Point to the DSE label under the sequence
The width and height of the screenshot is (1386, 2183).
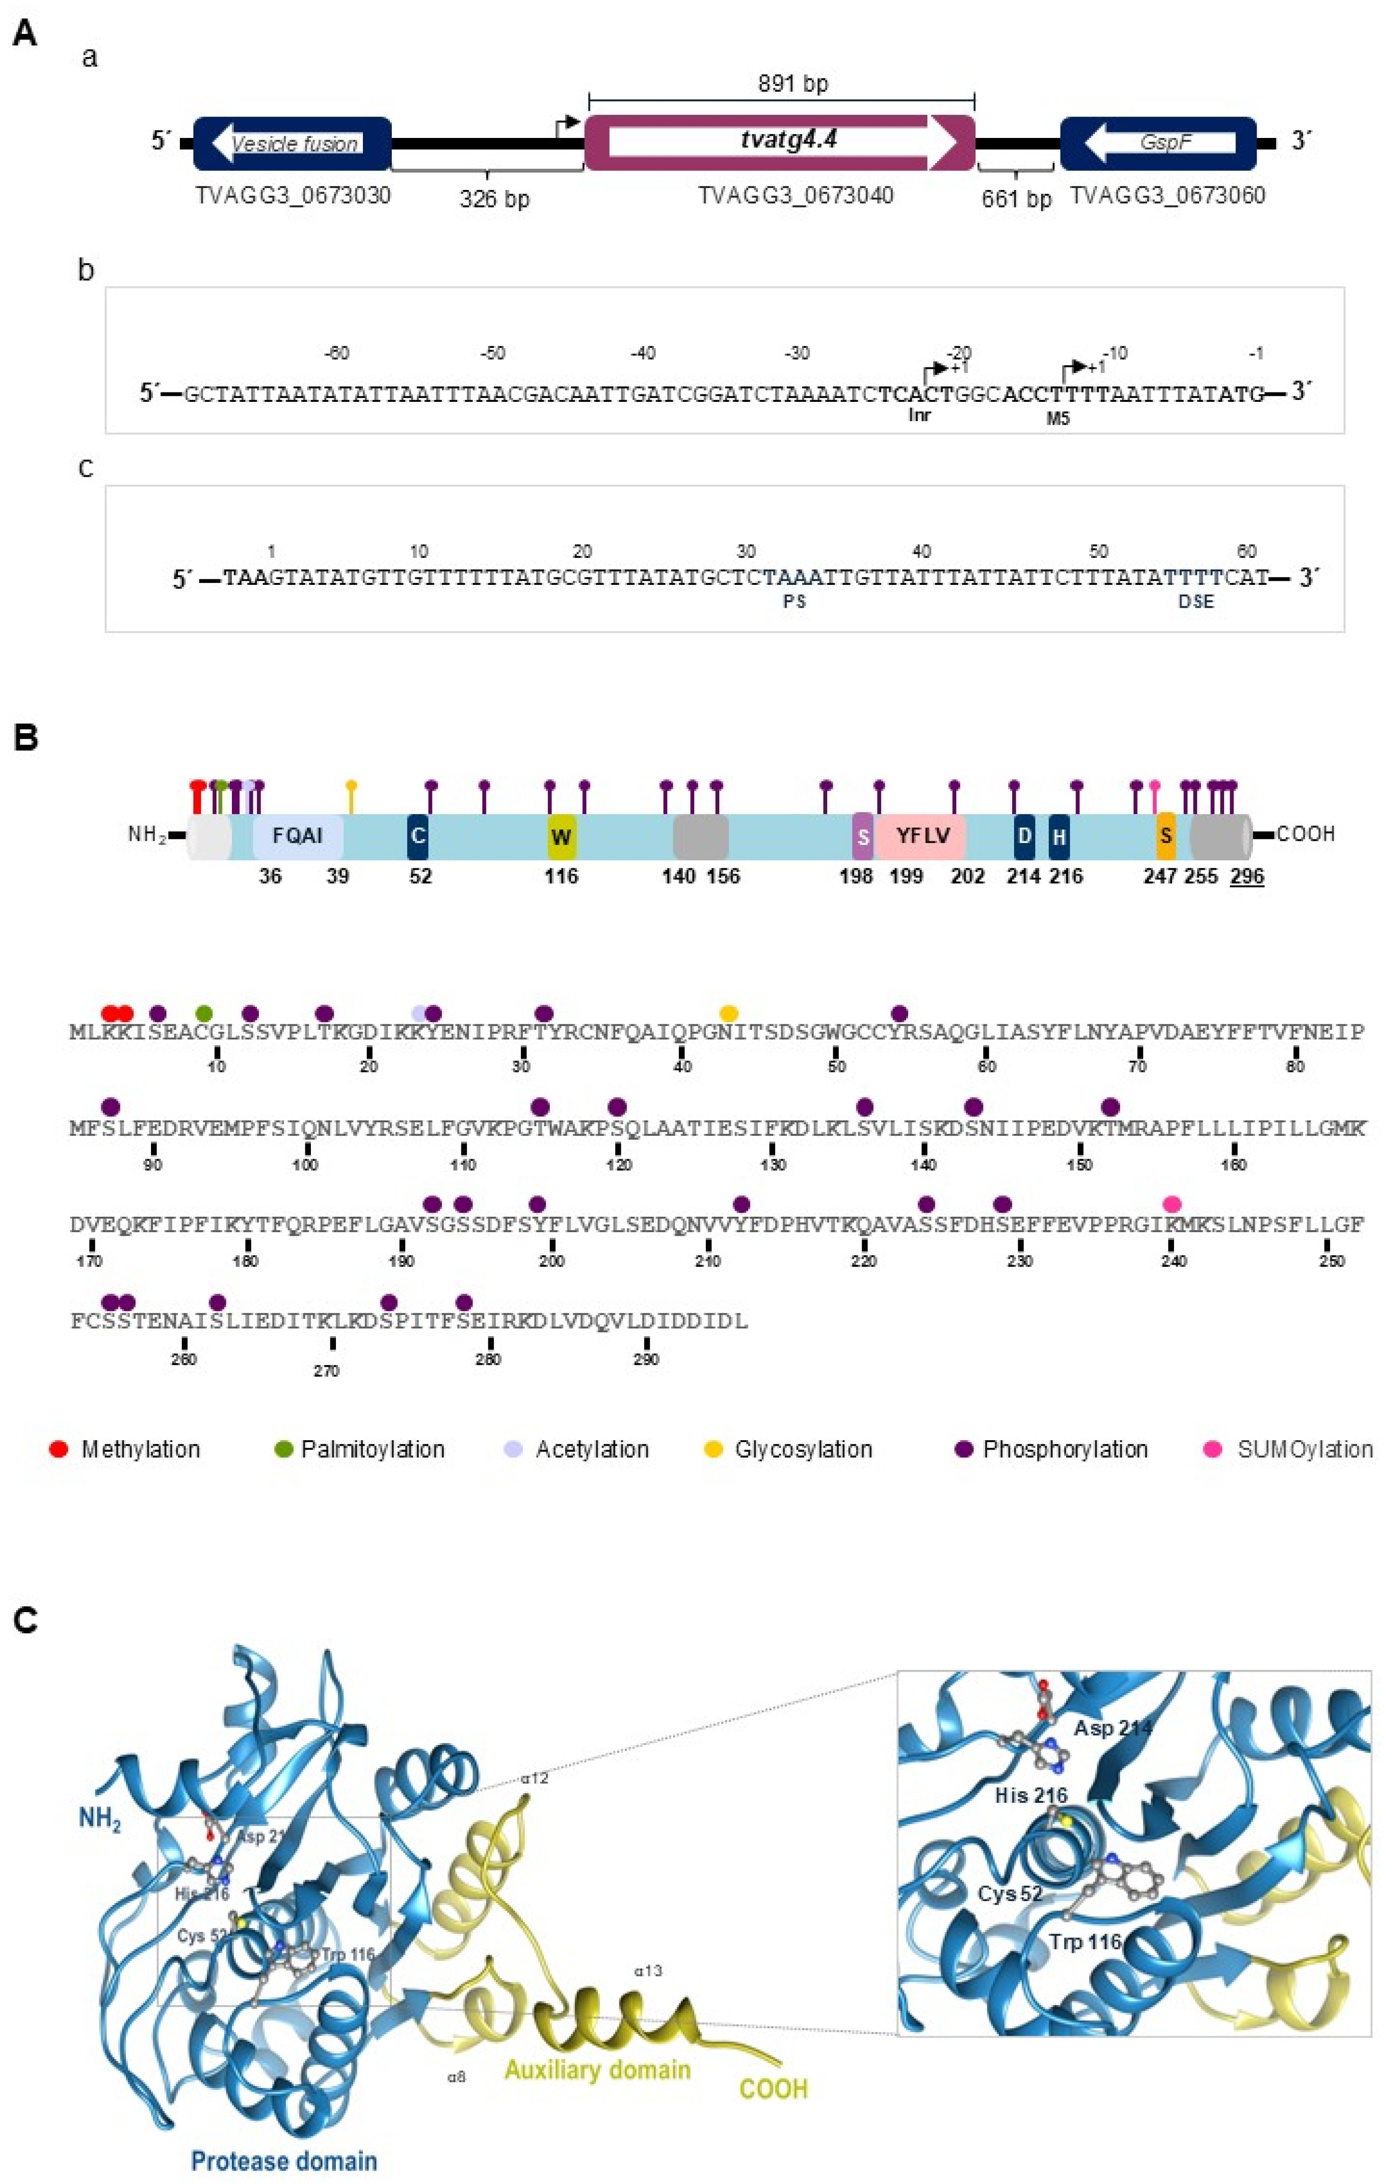coord(1195,602)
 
